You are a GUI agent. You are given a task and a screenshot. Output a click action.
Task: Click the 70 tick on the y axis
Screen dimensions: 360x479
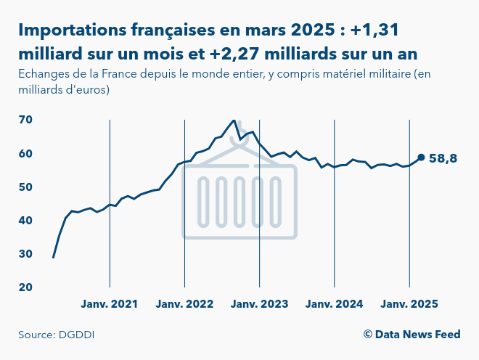click(26, 120)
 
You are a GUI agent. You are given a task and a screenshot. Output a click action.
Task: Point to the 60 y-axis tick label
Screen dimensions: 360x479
click(26, 153)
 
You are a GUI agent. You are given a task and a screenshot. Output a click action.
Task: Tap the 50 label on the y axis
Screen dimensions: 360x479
click(26, 187)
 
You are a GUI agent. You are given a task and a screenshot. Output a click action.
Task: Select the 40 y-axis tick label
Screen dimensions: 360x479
click(26, 220)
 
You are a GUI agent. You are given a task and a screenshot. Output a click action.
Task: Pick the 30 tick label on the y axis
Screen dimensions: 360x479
click(26, 253)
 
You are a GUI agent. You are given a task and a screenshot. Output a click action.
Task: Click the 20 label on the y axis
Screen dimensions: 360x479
click(26, 287)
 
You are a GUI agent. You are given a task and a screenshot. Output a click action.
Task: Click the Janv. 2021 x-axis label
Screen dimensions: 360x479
click(110, 303)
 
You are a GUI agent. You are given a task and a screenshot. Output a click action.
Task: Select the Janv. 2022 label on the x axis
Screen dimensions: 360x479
click(184, 303)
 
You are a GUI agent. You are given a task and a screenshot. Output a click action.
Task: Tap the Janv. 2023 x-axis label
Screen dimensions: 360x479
click(259, 303)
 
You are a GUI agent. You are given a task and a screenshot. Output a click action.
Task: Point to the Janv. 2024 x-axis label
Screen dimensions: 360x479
click(334, 303)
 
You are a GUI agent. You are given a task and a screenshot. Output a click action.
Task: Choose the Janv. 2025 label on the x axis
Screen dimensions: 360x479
click(409, 303)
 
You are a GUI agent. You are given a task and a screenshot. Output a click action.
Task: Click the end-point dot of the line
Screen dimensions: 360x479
click(421, 157)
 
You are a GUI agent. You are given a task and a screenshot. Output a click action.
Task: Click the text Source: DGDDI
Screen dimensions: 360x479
click(57, 335)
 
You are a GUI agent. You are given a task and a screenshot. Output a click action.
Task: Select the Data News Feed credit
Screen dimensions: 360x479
click(412, 334)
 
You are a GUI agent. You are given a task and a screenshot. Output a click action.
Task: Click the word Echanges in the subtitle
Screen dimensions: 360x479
click(44, 75)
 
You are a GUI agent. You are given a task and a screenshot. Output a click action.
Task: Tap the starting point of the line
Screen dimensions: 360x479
click(53, 257)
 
